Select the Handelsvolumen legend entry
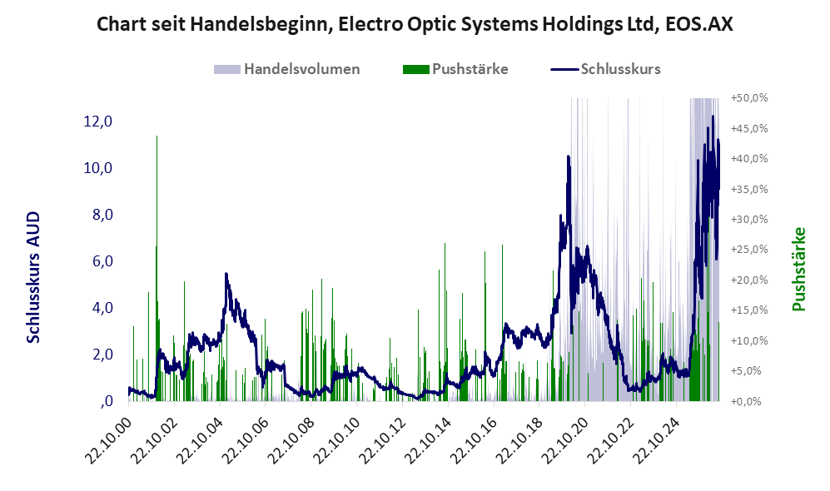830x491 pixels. coord(287,69)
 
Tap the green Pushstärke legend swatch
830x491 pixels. coord(415,69)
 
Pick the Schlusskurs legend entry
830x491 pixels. coord(605,69)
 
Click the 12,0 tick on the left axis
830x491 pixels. coord(98,122)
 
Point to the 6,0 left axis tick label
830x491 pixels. coord(102,261)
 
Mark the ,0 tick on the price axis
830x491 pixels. coord(107,401)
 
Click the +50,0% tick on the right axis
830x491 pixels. coord(749,98)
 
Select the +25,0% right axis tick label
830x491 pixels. coord(749,249)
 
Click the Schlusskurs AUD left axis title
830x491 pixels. coord(33,277)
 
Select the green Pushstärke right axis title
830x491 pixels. coord(798,269)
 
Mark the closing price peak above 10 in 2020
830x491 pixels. coord(569,156)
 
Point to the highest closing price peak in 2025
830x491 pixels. coord(713,117)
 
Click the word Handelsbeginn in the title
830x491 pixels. coord(261,24)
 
